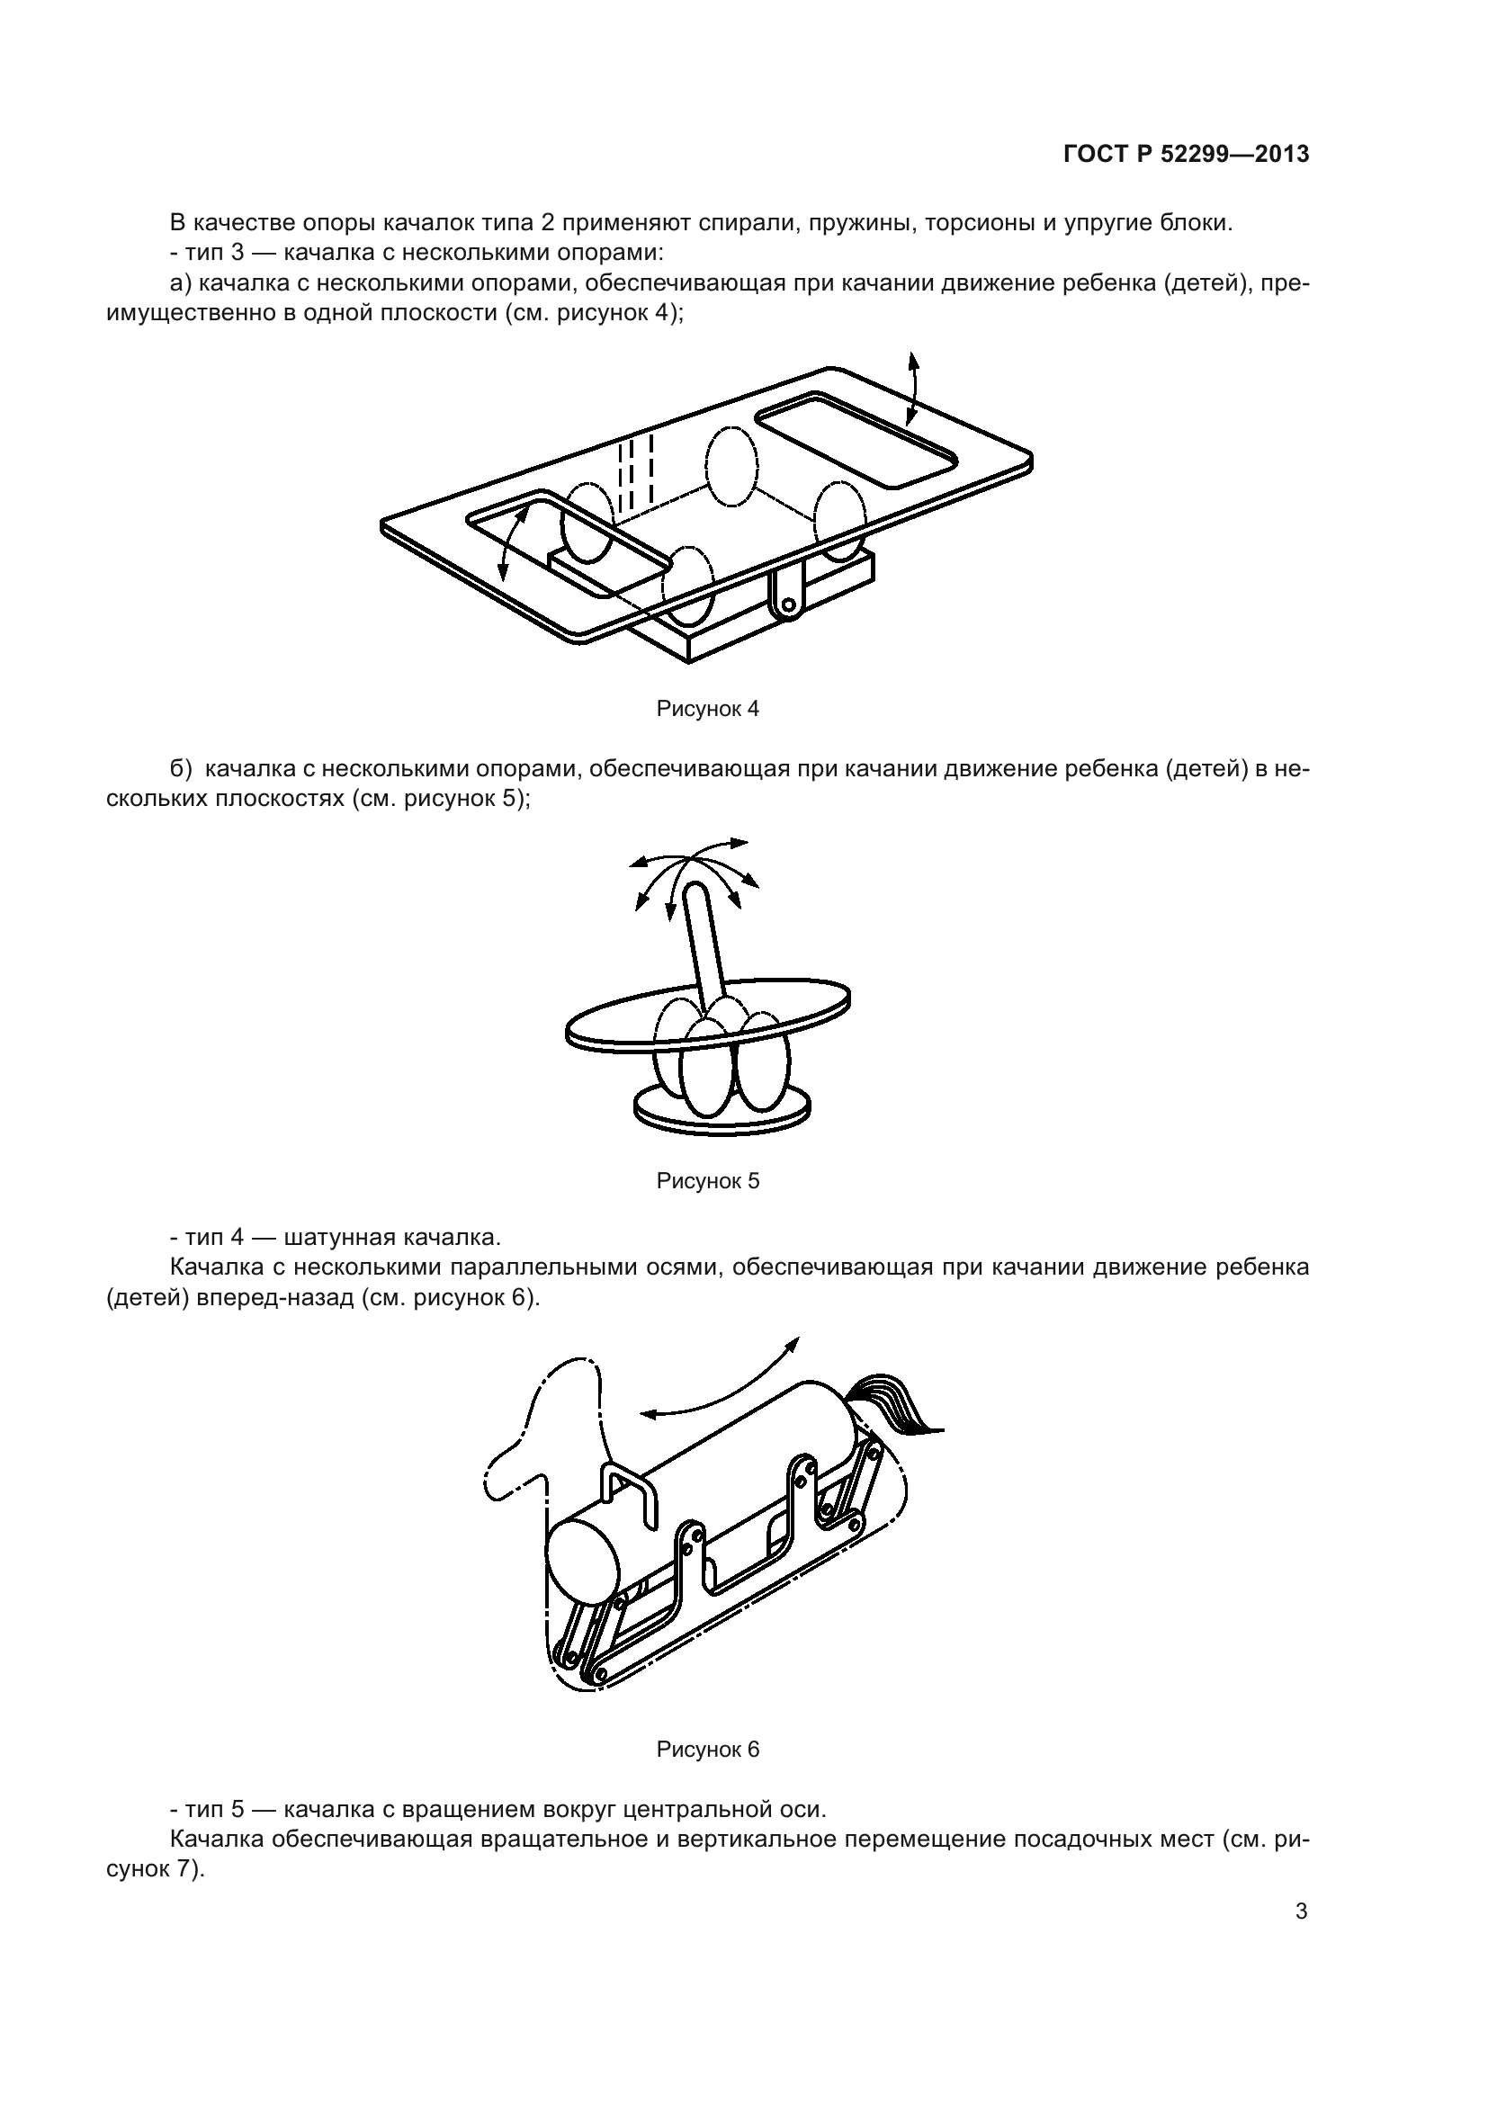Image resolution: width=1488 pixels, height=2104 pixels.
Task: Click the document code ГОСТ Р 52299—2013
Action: (1187, 155)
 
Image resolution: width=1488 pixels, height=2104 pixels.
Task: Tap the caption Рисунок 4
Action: (707, 708)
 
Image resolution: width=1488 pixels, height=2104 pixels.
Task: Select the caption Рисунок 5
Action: (707, 1181)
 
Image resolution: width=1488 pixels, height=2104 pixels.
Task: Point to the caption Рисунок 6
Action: (707, 1750)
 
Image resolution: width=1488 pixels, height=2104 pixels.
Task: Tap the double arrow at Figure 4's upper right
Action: (912, 388)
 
